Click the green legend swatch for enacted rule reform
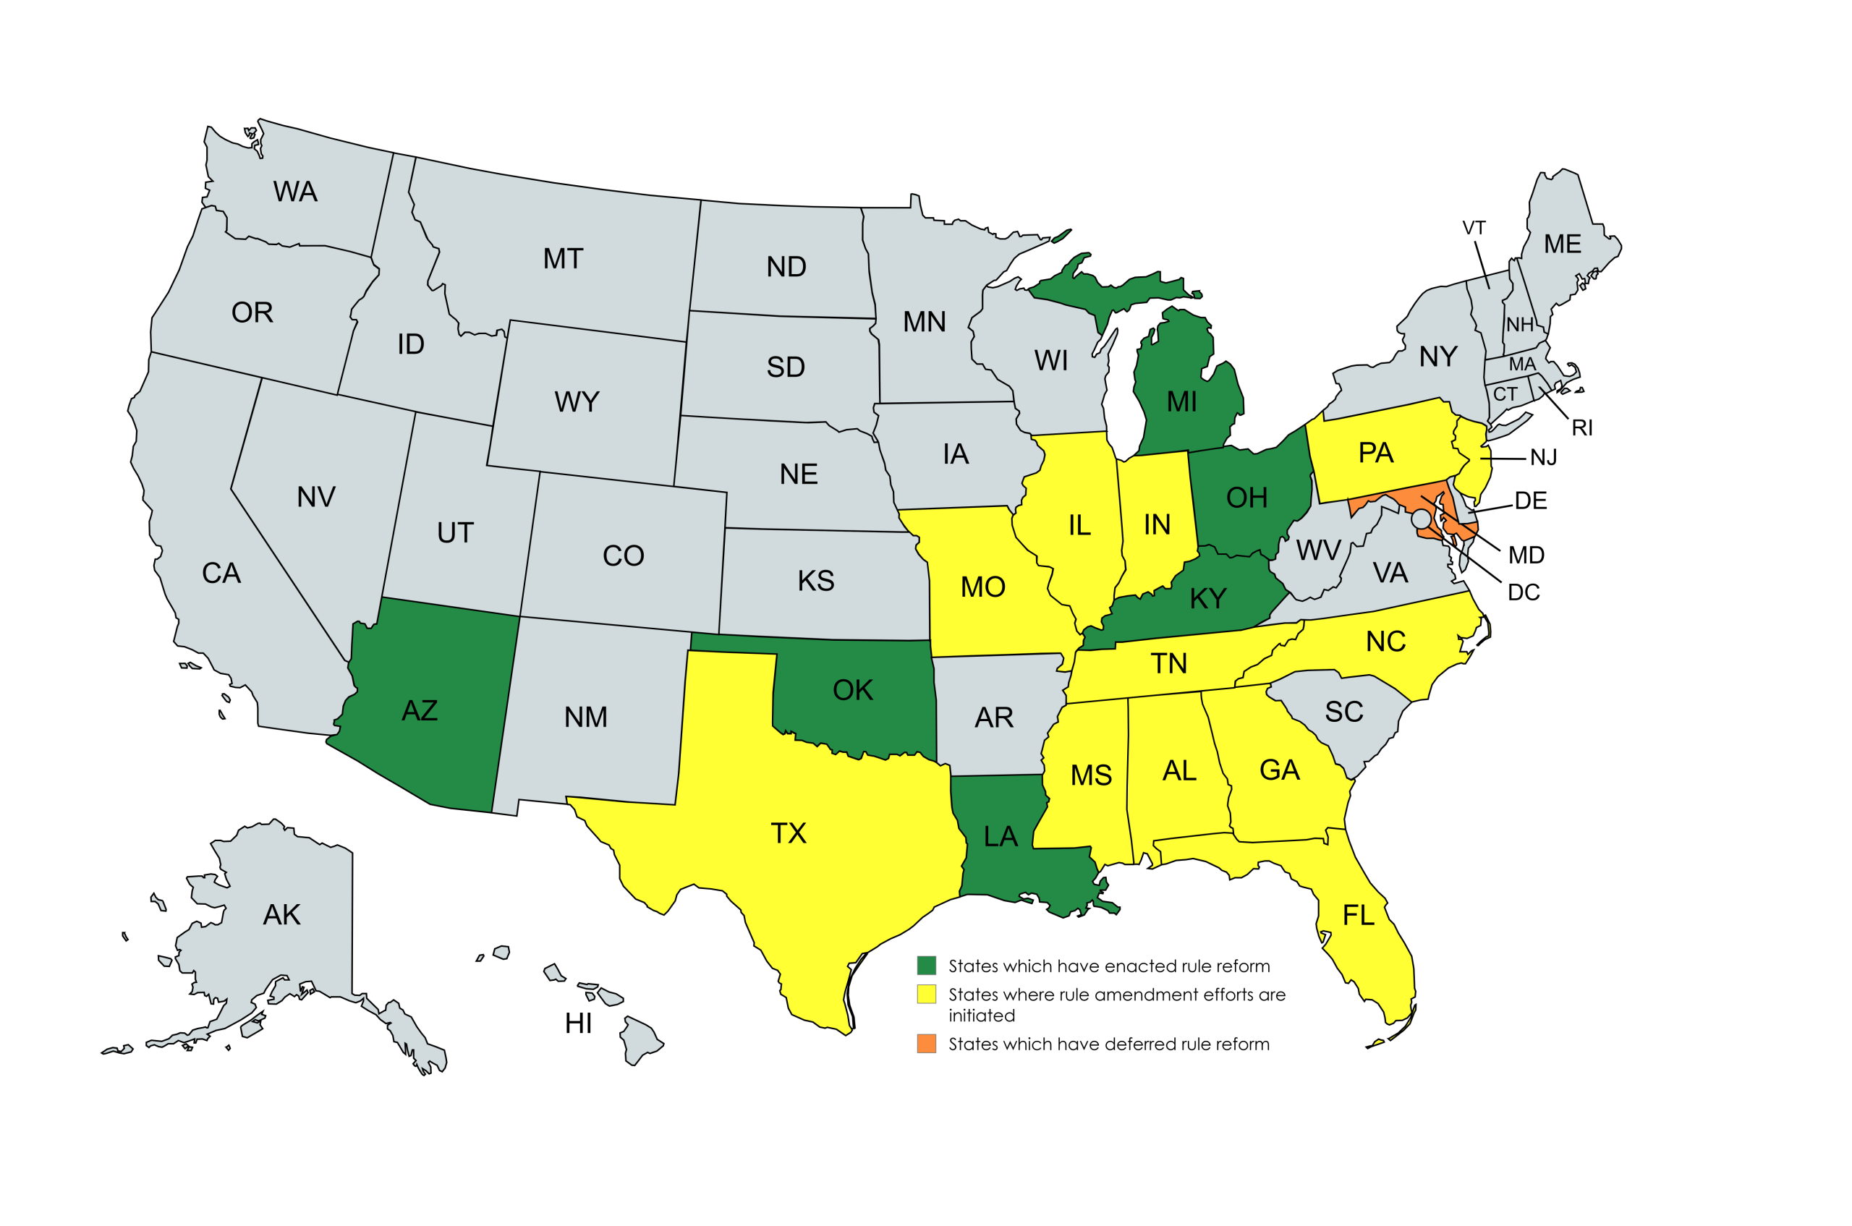point(926,966)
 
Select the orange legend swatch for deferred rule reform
point(926,1044)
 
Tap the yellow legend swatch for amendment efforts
point(926,995)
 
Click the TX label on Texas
point(788,833)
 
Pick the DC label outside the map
point(1523,592)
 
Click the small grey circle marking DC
point(1420,519)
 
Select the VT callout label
point(1474,229)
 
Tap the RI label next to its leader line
point(1581,428)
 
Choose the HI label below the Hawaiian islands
point(578,1023)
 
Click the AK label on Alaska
point(281,915)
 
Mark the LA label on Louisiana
point(1001,838)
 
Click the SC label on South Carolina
point(1343,712)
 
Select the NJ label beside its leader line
point(1543,458)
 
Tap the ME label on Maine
point(1562,244)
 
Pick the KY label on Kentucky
point(1207,599)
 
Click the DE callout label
point(1530,501)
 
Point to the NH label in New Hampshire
point(1520,325)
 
